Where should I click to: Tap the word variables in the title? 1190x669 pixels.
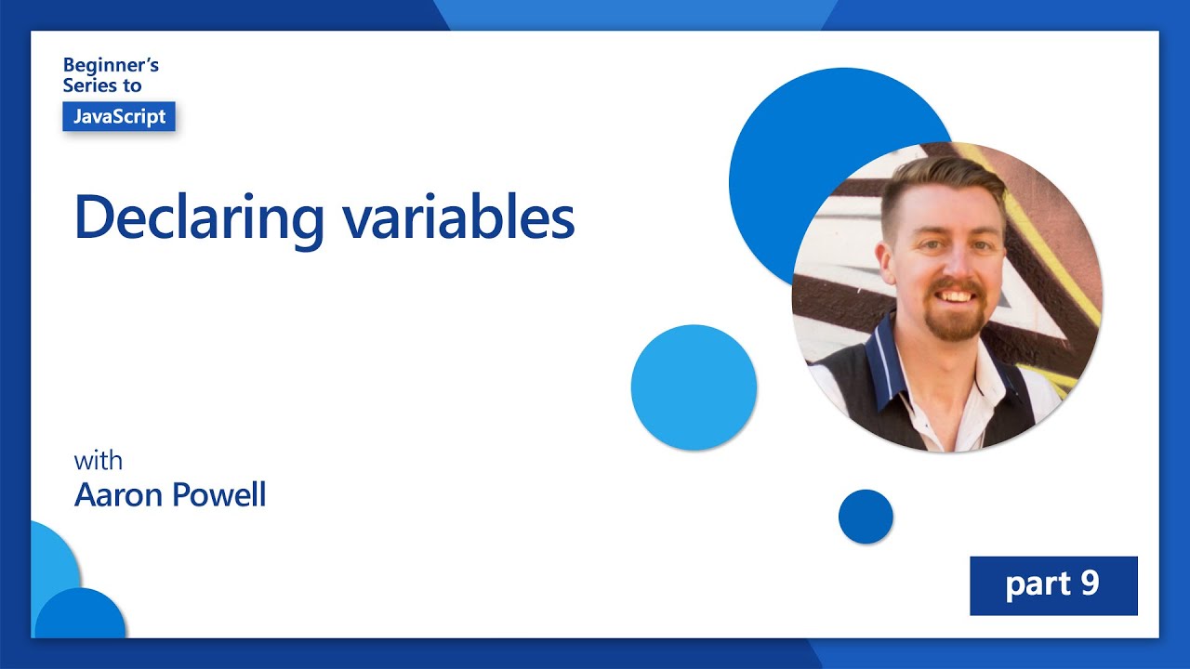point(458,217)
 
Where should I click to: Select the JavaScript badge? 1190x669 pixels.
point(119,117)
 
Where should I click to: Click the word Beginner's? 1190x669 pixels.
point(111,65)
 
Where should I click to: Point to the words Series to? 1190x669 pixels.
point(102,85)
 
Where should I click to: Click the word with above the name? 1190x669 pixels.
point(98,461)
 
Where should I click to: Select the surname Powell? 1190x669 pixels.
point(220,494)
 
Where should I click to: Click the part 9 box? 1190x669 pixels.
point(1053,585)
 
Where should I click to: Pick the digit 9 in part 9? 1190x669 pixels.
point(1090,584)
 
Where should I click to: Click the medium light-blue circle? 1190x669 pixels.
point(694,387)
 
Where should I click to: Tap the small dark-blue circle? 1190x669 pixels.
point(866,517)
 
